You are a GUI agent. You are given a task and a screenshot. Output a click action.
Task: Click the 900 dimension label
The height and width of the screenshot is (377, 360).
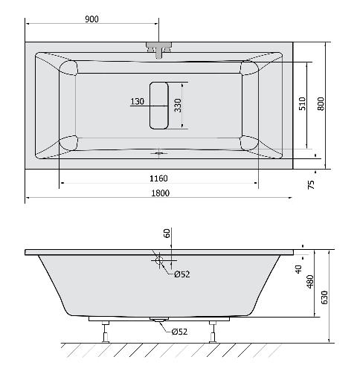click(91, 19)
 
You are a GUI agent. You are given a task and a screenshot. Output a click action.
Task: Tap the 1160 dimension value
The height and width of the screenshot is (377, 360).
click(158, 178)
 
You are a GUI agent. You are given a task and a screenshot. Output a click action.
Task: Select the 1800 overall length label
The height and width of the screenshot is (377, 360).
click(161, 193)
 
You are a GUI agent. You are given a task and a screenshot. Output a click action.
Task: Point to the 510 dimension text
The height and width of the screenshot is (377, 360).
click(303, 103)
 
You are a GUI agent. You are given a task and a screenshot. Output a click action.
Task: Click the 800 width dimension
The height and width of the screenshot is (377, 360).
click(321, 104)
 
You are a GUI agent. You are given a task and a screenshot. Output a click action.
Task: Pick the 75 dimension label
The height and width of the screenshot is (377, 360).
click(311, 184)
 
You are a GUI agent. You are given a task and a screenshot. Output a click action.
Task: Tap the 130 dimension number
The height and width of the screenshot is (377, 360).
click(137, 101)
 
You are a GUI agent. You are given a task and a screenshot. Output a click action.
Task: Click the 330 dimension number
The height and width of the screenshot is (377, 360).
click(178, 106)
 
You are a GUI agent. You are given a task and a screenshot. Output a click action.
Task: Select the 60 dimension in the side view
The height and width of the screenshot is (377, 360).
click(167, 233)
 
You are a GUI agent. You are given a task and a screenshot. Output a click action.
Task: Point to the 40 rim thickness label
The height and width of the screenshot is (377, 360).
click(298, 269)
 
